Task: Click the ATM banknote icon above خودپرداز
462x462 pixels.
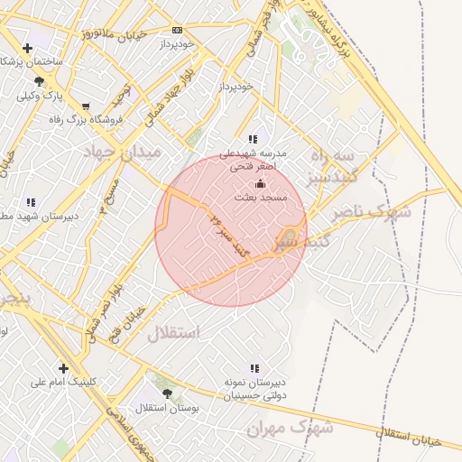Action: (178, 30)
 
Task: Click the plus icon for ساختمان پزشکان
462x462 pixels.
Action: (27, 48)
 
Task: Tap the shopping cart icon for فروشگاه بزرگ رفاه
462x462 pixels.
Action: (86, 106)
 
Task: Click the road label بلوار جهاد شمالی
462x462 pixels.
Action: (171, 98)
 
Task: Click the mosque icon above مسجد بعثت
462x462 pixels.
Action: (261, 183)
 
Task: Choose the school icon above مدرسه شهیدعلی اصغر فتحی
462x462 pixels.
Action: (254, 140)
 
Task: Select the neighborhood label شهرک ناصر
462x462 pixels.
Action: (371, 215)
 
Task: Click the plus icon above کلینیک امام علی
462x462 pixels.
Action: (63, 368)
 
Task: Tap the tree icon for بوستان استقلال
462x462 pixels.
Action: (167, 393)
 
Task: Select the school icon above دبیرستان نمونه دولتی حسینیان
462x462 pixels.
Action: (254, 368)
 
